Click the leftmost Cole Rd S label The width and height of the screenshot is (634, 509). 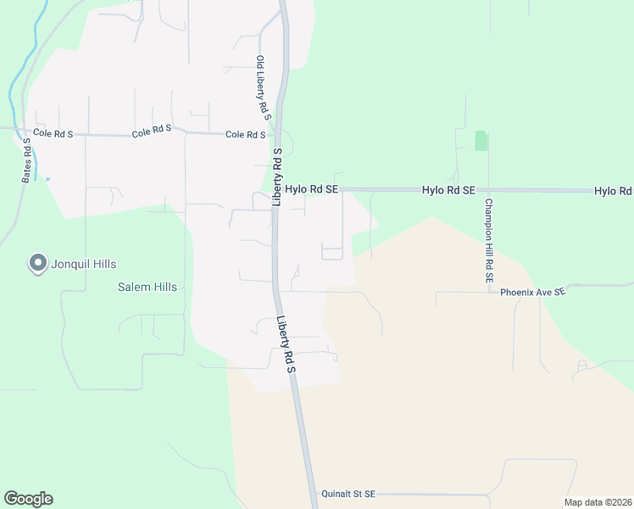(x=53, y=133)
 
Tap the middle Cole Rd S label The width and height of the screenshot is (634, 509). (x=152, y=129)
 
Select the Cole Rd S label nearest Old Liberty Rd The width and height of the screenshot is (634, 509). (x=245, y=135)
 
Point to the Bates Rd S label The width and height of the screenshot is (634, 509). (x=26, y=160)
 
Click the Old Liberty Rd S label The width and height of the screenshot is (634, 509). (x=261, y=89)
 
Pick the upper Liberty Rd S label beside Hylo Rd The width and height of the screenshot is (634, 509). (x=276, y=177)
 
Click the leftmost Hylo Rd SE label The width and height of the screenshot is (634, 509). (x=312, y=191)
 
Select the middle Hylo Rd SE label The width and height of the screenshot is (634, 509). (x=448, y=191)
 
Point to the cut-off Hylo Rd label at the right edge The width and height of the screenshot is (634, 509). (x=613, y=191)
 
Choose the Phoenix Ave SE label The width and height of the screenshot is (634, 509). (x=532, y=292)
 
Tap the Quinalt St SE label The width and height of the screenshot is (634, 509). (x=348, y=494)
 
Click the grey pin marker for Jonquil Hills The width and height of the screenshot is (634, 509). (x=37, y=264)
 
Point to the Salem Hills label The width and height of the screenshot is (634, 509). (x=147, y=287)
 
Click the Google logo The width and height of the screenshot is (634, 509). (x=28, y=499)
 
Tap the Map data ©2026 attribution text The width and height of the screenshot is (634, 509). (x=597, y=502)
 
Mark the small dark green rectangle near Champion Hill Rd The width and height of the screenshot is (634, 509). (x=481, y=141)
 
